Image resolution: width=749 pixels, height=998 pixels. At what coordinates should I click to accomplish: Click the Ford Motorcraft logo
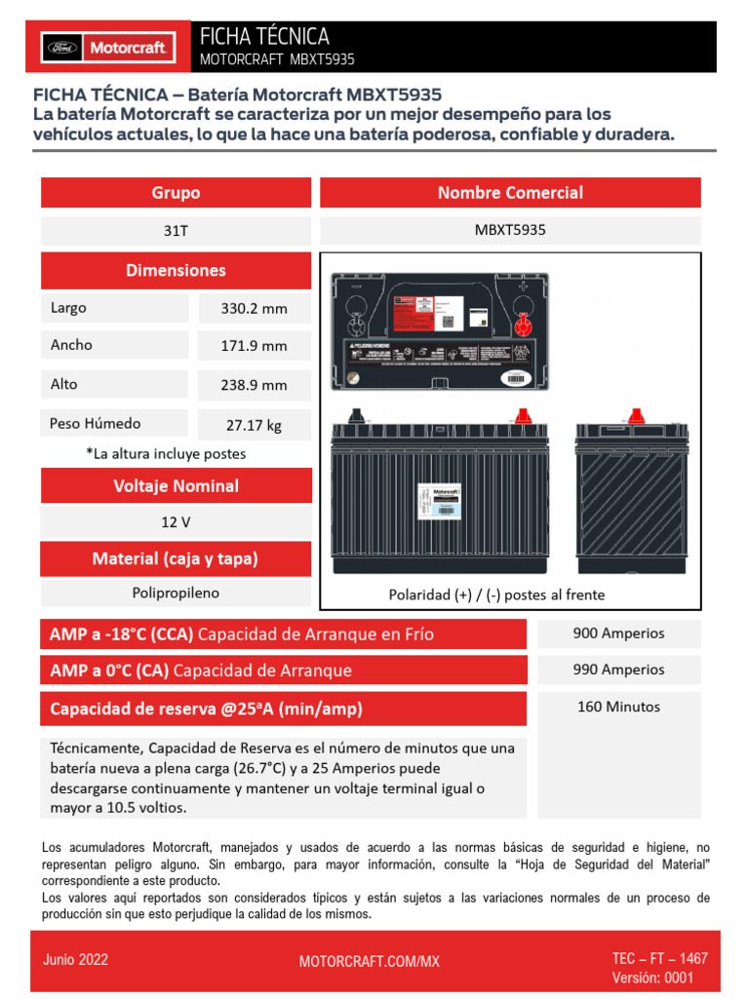[106, 46]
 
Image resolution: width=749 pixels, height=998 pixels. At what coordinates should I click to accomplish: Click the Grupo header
[176, 193]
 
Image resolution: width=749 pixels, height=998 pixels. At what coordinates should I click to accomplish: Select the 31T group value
[176, 231]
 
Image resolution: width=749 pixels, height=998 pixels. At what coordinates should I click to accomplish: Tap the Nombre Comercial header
[510, 193]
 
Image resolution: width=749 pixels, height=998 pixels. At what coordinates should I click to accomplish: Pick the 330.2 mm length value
[254, 309]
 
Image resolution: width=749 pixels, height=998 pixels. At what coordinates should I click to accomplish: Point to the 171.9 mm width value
[254, 346]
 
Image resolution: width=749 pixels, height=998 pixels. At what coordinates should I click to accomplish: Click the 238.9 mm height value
[254, 385]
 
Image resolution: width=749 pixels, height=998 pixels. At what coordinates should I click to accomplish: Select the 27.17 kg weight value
[254, 425]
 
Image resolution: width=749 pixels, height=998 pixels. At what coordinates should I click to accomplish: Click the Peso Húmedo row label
[96, 423]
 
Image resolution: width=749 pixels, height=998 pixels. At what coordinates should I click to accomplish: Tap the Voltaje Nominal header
[176, 485]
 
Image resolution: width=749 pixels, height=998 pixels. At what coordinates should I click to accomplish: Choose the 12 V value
[176, 522]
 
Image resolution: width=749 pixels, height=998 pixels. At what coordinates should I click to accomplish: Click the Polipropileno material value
[176, 593]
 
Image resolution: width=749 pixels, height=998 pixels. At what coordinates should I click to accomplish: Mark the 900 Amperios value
[618, 633]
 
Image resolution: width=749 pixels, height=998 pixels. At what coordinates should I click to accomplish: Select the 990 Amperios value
[618, 670]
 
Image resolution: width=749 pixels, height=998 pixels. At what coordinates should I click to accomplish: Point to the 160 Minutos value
[618, 707]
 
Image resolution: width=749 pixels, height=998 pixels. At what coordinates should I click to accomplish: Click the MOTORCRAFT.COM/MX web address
[369, 962]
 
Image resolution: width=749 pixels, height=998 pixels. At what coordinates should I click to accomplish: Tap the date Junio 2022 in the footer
[75, 960]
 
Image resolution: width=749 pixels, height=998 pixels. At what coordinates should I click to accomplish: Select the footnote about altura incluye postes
[166, 454]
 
